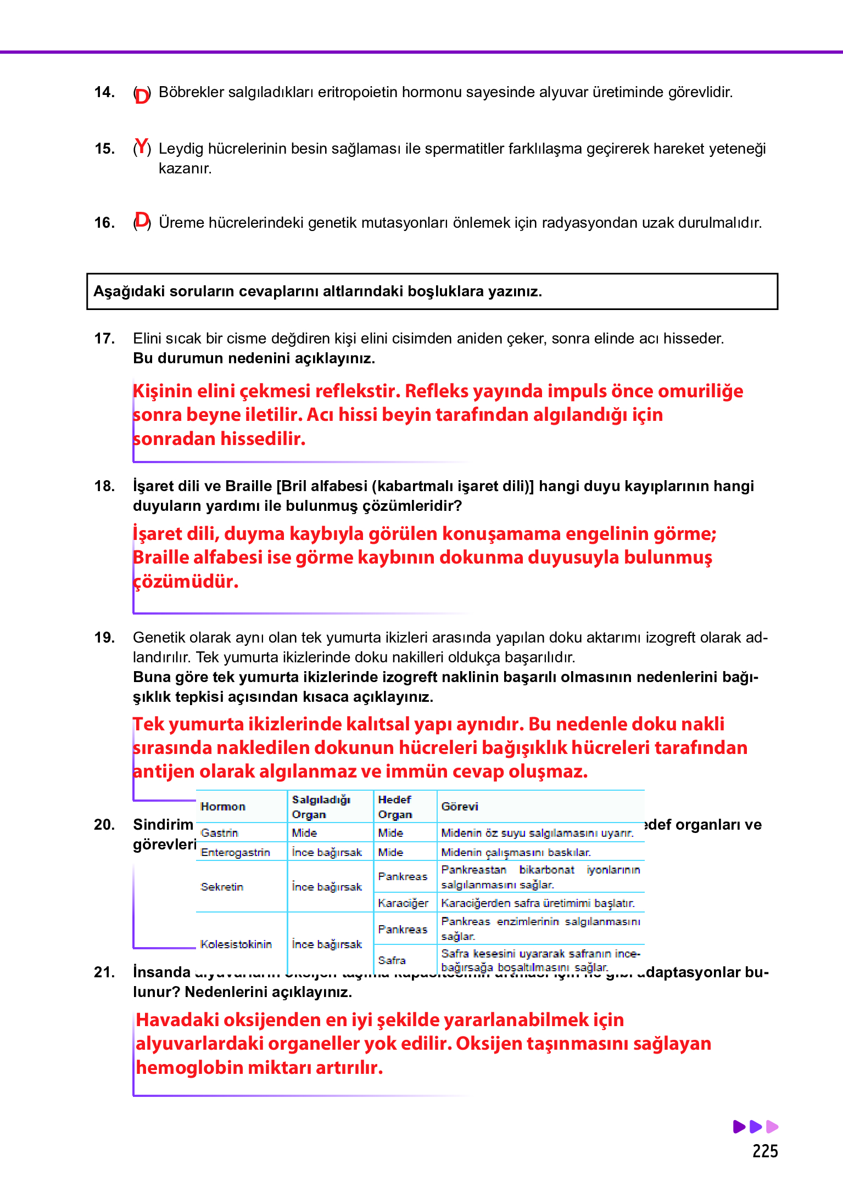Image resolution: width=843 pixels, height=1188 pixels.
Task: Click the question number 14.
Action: click(x=104, y=92)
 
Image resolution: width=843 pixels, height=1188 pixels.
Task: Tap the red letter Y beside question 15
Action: click(x=142, y=147)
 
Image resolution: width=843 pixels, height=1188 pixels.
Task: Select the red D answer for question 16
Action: click(x=142, y=221)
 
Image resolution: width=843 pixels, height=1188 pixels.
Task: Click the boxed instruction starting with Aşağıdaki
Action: click(x=432, y=291)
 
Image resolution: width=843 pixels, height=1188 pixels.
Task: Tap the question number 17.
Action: click(x=104, y=339)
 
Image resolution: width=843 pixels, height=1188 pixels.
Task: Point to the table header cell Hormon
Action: click(x=223, y=807)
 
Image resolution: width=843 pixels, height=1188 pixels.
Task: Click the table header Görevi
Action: click(x=460, y=807)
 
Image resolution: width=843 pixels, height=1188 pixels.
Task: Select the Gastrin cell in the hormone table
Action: click(x=219, y=833)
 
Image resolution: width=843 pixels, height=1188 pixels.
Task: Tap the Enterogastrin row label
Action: click(x=235, y=853)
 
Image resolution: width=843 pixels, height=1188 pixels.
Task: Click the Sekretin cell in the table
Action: click(x=222, y=887)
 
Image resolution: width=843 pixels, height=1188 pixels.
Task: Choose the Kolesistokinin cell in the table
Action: click(x=236, y=944)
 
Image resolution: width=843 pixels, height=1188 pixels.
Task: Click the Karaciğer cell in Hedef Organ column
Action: click(x=403, y=903)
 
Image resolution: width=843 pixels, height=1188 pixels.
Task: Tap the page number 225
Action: click(x=765, y=1151)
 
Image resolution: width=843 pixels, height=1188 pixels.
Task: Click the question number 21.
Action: click(x=104, y=972)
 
